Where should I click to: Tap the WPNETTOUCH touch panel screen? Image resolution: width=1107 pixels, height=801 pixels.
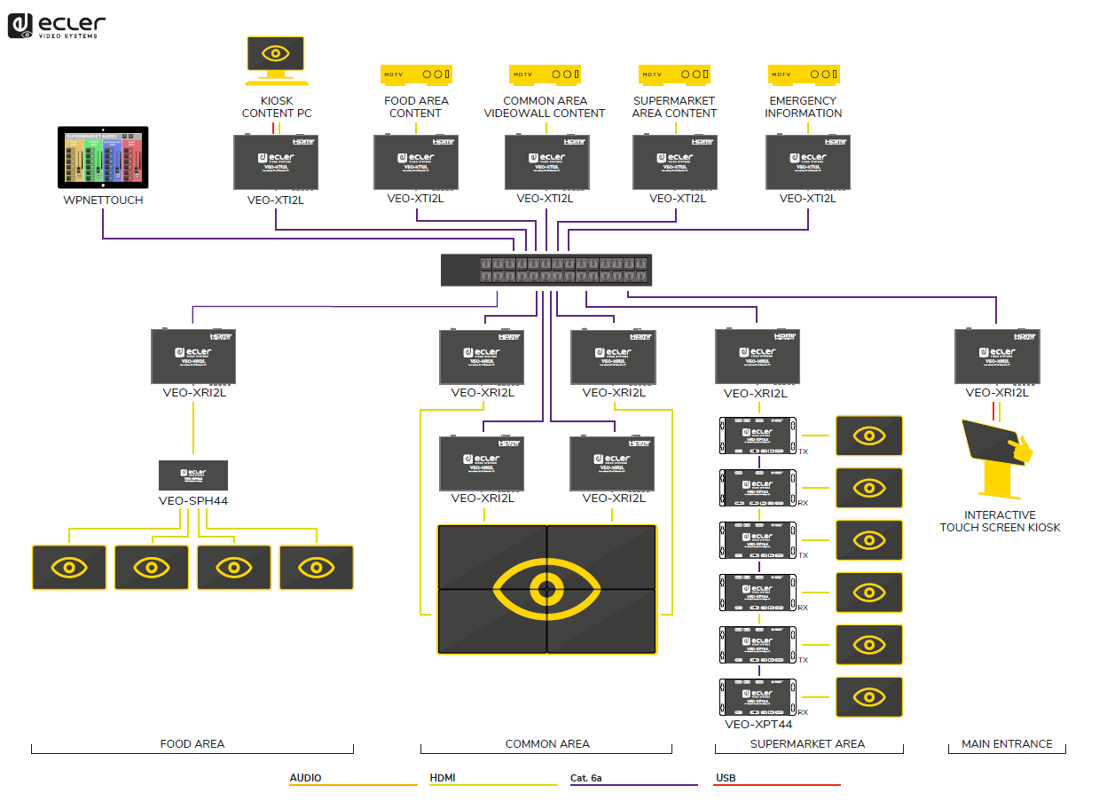103,157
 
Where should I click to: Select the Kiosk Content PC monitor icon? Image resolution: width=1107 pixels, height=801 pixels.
275,54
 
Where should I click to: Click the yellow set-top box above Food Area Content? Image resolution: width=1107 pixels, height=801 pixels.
416,75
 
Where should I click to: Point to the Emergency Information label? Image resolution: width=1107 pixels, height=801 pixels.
804,106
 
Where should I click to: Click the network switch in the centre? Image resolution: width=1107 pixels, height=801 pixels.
547,270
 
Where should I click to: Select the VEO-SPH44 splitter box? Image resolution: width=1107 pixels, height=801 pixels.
193,475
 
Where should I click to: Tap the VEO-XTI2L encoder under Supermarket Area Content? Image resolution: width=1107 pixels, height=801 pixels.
675,161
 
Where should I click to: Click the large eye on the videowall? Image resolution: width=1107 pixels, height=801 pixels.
547,588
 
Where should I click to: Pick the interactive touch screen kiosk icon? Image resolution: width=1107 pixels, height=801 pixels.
999,456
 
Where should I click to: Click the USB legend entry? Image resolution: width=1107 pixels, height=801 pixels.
726,778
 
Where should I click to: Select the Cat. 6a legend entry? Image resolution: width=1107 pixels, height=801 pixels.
585,778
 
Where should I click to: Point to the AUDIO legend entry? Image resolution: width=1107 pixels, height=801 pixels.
306,778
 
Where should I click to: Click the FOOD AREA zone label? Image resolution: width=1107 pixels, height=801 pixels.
192,743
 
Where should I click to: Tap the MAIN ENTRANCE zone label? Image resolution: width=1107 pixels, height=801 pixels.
1007,743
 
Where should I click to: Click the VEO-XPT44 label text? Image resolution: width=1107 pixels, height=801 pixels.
758,724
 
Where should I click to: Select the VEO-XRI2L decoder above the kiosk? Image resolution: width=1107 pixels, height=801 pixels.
997,357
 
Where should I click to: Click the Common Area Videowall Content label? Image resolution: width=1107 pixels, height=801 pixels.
545,106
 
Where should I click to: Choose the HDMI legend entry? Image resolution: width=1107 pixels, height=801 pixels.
443,778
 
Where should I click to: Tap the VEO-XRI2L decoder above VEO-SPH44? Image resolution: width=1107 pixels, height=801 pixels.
193,357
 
